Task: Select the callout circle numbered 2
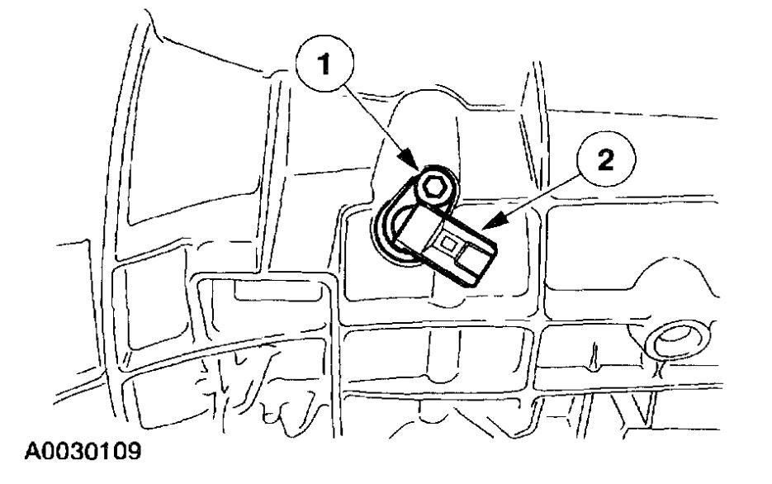click(606, 160)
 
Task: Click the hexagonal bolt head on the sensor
click(431, 190)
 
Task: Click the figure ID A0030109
click(72, 453)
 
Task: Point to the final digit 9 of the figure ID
click(131, 453)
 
